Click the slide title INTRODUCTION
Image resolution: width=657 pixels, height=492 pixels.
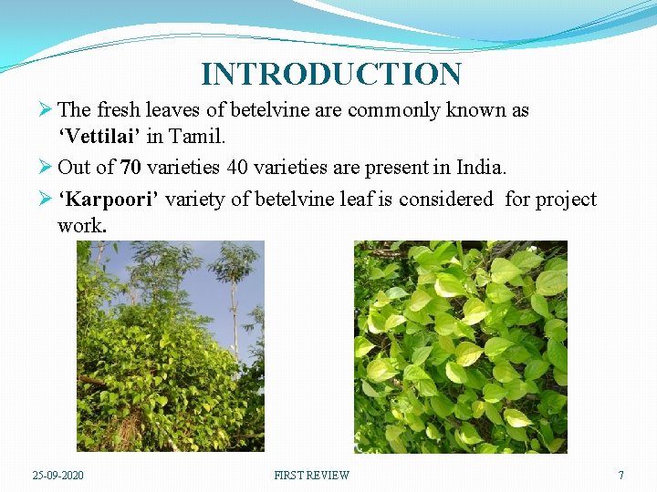click(331, 75)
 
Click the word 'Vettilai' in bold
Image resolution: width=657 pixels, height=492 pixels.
click(99, 138)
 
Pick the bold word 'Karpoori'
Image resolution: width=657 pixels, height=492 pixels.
click(108, 200)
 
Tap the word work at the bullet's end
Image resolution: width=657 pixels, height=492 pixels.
click(80, 225)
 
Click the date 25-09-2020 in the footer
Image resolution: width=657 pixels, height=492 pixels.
click(59, 475)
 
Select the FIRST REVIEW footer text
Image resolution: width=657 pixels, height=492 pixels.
click(311, 475)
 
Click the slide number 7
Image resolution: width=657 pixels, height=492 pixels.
click(620, 475)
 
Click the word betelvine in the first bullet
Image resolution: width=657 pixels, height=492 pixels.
click(269, 110)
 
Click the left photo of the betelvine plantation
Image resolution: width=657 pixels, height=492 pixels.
click(170, 346)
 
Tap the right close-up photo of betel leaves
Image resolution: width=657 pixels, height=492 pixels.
click(460, 346)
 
